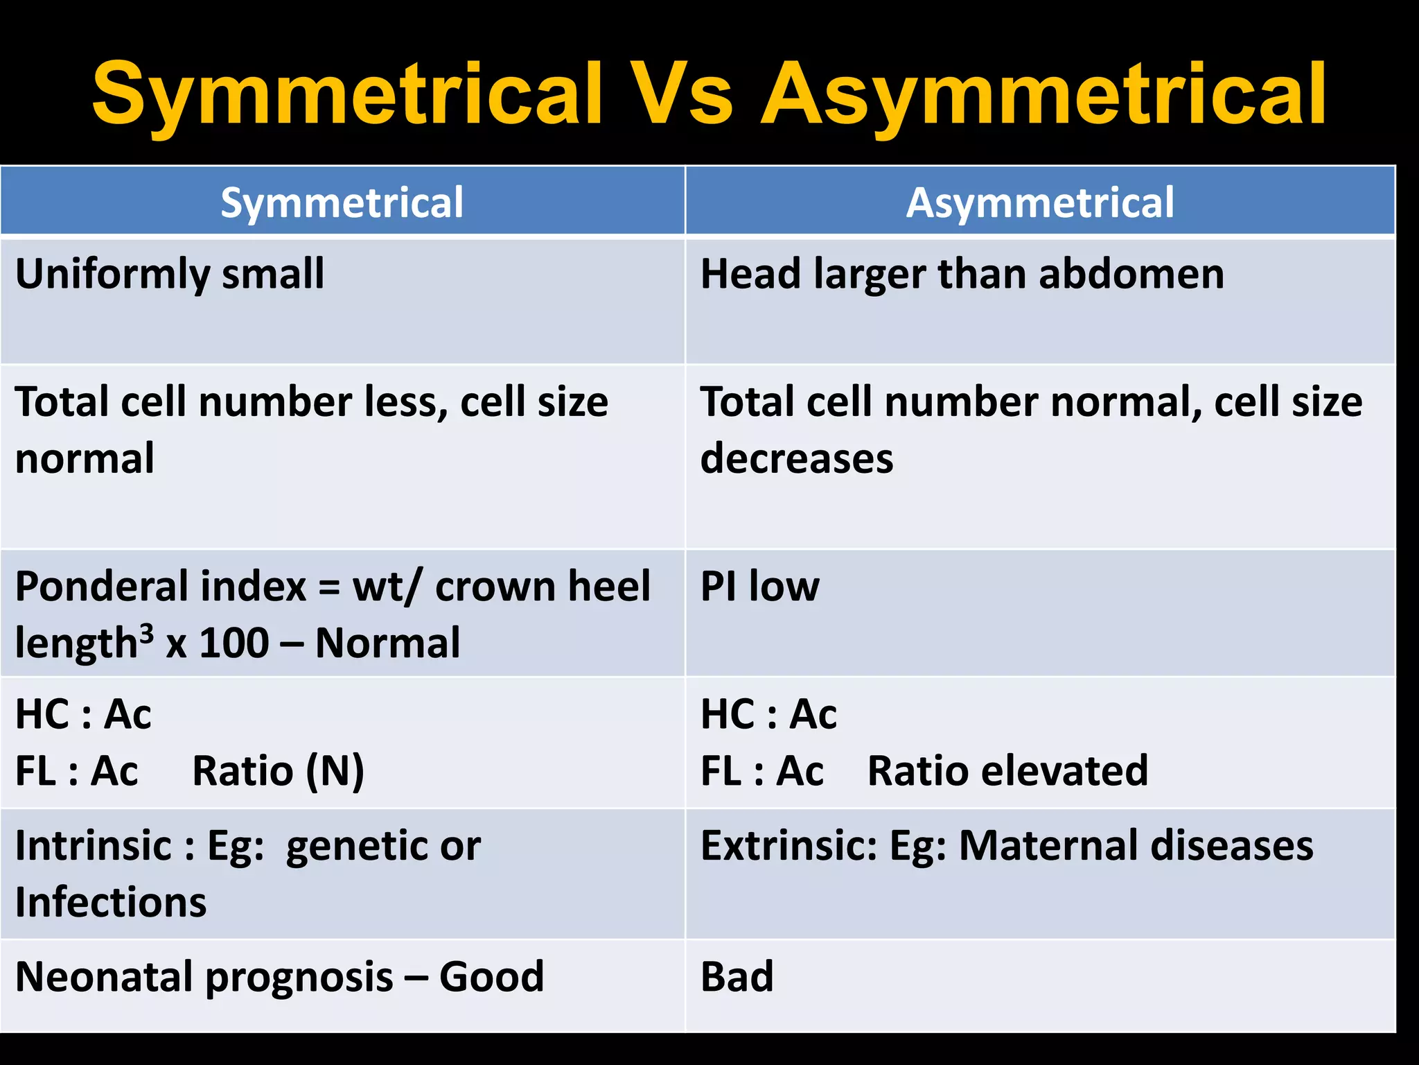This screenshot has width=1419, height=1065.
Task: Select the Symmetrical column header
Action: click(342, 202)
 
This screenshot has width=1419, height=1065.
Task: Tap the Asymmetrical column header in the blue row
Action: click(1040, 202)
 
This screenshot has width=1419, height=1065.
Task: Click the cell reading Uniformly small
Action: click(170, 274)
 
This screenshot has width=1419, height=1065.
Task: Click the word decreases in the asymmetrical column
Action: click(797, 459)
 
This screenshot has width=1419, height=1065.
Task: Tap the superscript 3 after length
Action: click(146, 633)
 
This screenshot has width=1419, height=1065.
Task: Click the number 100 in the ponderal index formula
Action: click(233, 643)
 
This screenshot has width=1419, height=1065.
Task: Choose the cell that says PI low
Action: click(759, 587)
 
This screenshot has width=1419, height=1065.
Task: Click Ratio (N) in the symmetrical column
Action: click(278, 771)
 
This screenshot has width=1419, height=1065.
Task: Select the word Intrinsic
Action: click(94, 846)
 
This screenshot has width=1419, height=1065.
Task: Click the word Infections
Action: click(111, 903)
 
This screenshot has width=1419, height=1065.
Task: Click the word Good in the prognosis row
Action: click(491, 977)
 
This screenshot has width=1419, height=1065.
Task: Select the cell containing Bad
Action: click(737, 977)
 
